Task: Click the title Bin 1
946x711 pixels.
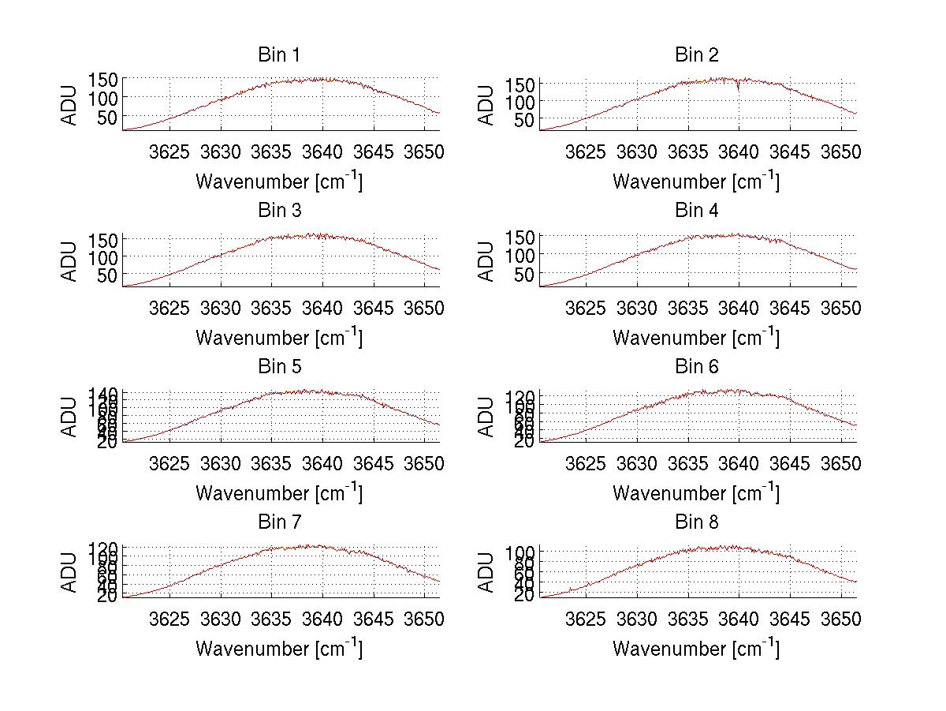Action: pos(279,55)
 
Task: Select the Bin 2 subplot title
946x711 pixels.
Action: pos(696,55)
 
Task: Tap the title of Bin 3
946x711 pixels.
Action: pos(279,211)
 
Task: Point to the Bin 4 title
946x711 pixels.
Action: pos(696,211)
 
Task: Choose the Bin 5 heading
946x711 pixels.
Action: pos(279,367)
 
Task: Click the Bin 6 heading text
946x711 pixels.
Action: pos(696,367)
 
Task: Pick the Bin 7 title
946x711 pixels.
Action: pos(279,522)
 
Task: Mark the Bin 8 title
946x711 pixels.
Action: pos(696,522)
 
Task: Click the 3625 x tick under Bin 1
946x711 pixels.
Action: pos(169,152)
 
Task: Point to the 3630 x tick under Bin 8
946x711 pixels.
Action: pos(637,619)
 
